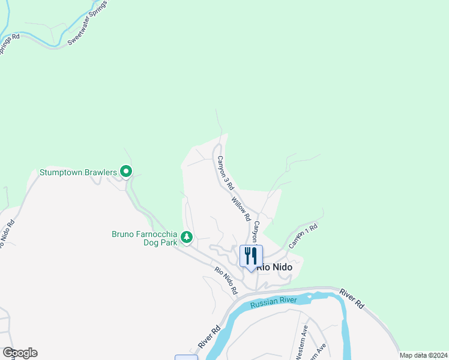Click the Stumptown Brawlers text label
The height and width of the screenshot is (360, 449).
point(78,173)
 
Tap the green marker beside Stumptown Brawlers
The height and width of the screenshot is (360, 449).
point(126,172)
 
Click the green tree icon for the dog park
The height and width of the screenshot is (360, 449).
point(187,238)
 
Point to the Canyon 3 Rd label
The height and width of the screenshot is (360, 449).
point(224,173)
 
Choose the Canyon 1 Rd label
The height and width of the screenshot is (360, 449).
point(303,236)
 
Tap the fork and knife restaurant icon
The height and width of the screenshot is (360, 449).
point(251,256)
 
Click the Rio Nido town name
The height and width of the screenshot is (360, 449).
point(274,268)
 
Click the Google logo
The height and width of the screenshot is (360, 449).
point(20,353)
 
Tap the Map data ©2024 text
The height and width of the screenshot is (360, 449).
point(423,355)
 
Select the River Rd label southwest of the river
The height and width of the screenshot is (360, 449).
point(210,338)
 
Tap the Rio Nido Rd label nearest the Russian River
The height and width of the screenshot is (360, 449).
point(226,280)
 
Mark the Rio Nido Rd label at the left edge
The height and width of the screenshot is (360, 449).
point(7,238)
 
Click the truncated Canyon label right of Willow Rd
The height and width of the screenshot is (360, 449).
point(256,231)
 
